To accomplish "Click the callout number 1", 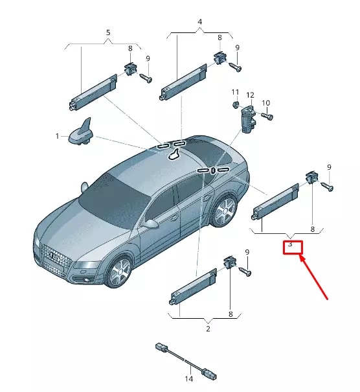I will pyautogui.click(x=57, y=136).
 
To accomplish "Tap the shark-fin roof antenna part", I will pyautogui.click(x=84, y=133).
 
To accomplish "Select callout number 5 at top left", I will pyautogui.click(x=108, y=32).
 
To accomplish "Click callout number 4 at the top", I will pyautogui.click(x=199, y=22).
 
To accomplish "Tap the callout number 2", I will pyautogui.click(x=208, y=329).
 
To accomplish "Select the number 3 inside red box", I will pyautogui.click(x=291, y=244).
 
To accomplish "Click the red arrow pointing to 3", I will pyautogui.click(x=317, y=277).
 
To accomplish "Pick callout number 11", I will pyautogui.click(x=235, y=92).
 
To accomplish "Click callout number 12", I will pyautogui.click(x=250, y=95).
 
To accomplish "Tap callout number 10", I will pyautogui.click(x=265, y=103).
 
